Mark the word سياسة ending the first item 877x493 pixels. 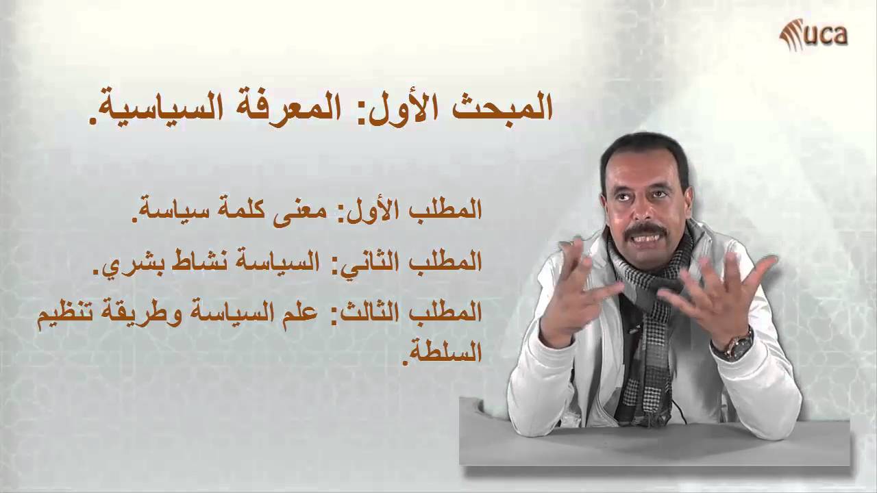pyautogui.click(x=165, y=209)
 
